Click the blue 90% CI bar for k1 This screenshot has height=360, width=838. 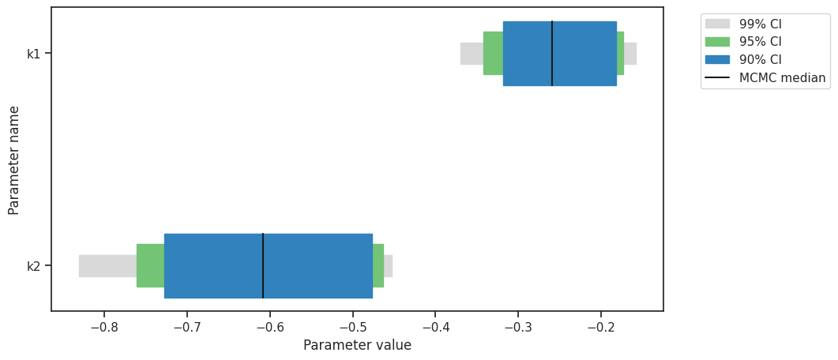coord(584,53)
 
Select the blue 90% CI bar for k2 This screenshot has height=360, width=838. coord(316,265)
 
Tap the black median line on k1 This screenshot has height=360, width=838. coord(552,53)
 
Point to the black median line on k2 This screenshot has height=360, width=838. coord(263,265)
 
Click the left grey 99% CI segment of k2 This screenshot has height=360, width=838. coord(107,265)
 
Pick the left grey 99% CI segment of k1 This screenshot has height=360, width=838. coord(472,53)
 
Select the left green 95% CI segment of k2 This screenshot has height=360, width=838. coord(150,265)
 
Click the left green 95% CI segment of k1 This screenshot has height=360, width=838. coord(493,53)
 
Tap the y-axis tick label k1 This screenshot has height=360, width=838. coord(33,54)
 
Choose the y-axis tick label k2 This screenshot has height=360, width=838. coord(33,266)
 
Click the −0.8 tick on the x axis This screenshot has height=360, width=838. coord(103,327)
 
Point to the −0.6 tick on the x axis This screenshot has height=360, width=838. coord(269,327)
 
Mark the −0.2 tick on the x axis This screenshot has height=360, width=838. coord(601,327)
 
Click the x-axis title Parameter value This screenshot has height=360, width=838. coord(357,345)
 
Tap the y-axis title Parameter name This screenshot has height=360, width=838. coord(14,159)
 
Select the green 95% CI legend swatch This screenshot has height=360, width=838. coord(718,42)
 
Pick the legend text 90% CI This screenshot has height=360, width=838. coord(760,60)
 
